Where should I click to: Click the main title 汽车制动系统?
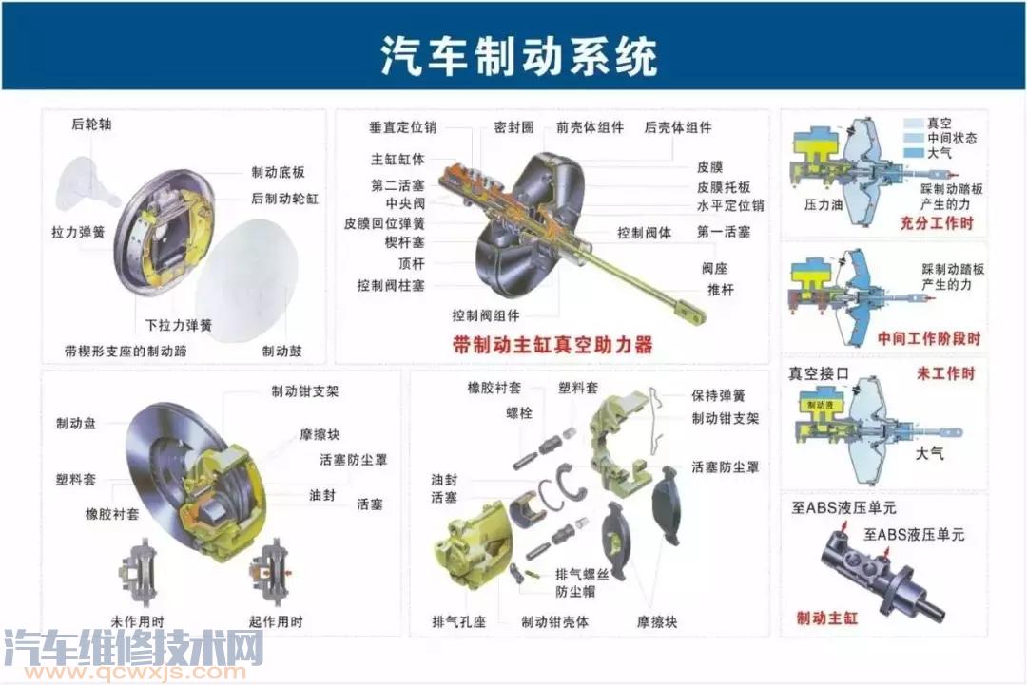pyautogui.click(x=519, y=55)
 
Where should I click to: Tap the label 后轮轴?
pyautogui.click(x=91, y=124)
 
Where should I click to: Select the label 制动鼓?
pyautogui.click(x=281, y=351)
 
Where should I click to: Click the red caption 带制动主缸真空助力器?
pyautogui.click(x=552, y=344)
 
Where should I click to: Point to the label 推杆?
pyautogui.click(x=721, y=289)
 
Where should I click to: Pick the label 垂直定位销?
pyautogui.click(x=402, y=127)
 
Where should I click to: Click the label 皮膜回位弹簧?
pyautogui.click(x=384, y=223)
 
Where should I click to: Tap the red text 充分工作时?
pyautogui.click(x=937, y=222)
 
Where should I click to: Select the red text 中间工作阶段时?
pyautogui.click(x=929, y=338)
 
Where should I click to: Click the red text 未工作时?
pyautogui.click(x=946, y=373)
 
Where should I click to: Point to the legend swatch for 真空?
pyautogui.click(x=913, y=123)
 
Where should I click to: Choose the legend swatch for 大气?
pyautogui.click(x=913, y=152)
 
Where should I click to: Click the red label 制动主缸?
pyautogui.click(x=826, y=618)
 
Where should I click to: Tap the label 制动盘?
pyautogui.click(x=76, y=424)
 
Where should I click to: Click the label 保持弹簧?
pyautogui.click(x=719, y=395)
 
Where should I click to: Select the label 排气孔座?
pyautogui.click(x=458, y=621)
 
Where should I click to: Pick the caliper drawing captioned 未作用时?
pyautogui.click(x=139, y=573)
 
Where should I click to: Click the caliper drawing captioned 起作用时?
pyautogui.click(x=270, y=573)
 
